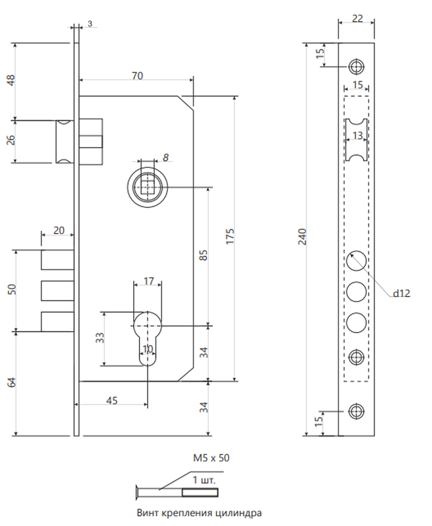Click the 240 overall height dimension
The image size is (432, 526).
pos(303,237)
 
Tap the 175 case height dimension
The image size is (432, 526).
pos(230,237)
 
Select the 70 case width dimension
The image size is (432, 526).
pos(137,76)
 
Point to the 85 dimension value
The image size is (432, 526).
pos(204,255)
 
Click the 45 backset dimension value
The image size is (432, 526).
pos(112,400)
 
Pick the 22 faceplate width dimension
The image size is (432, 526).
pos(357,18)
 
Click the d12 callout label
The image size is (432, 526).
pos(401,293)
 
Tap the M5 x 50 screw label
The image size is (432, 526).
pos(211,458)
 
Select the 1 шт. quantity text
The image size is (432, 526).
pos(204,480)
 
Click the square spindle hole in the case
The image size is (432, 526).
pos(148,187)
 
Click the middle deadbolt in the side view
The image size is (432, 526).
pos(57,290)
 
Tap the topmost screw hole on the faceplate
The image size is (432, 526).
pos(356,66)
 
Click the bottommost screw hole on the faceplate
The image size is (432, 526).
pos(356,411)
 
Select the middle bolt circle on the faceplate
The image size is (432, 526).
pos(356,291)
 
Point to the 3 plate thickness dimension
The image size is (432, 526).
pos(89,24)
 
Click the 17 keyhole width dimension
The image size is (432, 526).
pos(148,281)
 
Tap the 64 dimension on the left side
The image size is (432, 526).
pos(12,382)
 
